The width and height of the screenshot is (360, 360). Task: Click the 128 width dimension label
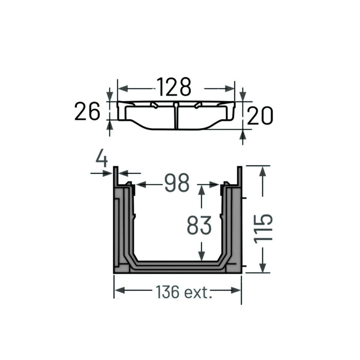(x=174, y=87)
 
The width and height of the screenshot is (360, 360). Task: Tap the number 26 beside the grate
(x=87, y=112)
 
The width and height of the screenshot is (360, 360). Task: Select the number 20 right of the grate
(x=260, y=116)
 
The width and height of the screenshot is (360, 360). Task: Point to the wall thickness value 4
(x=102, y=158)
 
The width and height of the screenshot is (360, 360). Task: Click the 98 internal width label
(x=177, y=183)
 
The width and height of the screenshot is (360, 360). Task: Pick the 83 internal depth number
(x=199, y=225)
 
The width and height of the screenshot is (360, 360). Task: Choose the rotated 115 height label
(x=263, y=229)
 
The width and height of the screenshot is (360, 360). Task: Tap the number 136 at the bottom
(x=168, y=292)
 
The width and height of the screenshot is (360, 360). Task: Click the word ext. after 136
(x=198, y=292)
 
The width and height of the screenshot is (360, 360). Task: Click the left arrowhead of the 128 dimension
(x=122, y=88)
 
